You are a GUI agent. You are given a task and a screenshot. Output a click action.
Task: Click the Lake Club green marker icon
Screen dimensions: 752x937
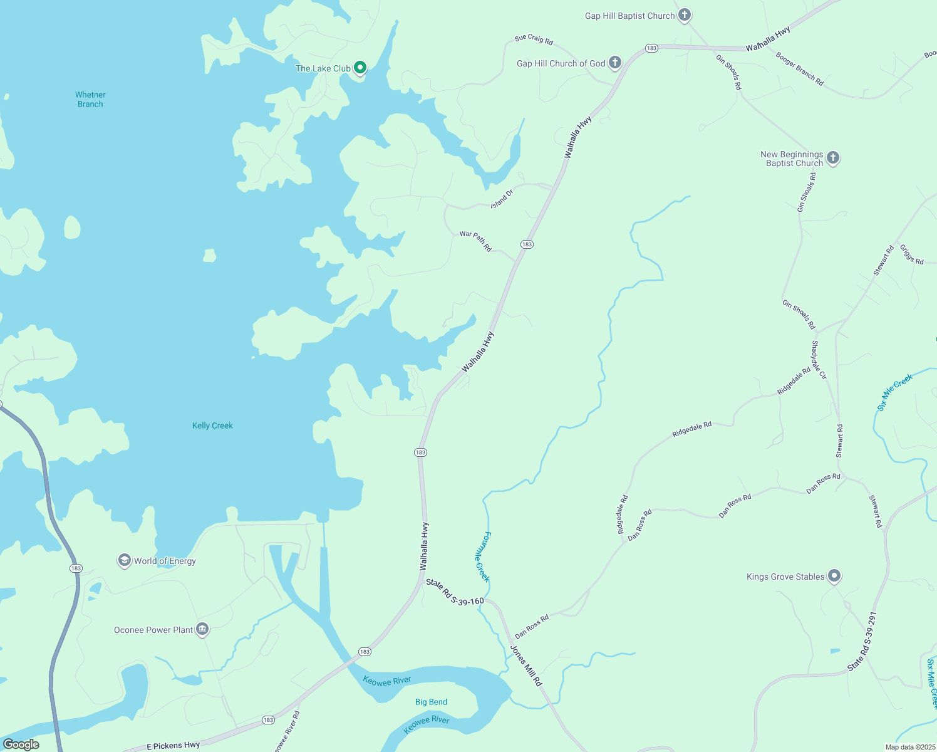[360, 67]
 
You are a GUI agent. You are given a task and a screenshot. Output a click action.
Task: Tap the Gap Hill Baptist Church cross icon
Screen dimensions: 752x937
[685, 14]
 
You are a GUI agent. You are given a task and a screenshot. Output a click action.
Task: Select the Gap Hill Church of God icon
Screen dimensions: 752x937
[615, 62]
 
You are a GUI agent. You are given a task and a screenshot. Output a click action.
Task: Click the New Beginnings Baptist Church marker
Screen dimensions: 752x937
[833, 157]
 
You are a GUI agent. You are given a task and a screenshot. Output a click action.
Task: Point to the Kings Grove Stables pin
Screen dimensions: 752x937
[834, 575]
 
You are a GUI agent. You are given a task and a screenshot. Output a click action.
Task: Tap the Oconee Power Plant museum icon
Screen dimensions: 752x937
[202, 629]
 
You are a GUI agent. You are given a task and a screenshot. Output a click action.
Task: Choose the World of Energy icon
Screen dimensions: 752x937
[125, 560]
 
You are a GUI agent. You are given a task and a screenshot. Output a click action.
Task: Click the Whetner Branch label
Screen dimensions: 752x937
[90, 100]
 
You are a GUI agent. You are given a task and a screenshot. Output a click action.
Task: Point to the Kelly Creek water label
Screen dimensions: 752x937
[212, 426]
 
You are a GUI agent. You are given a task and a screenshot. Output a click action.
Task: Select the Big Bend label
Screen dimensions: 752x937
[431, 702]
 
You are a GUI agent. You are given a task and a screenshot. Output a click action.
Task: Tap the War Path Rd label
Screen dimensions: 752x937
[475, 241]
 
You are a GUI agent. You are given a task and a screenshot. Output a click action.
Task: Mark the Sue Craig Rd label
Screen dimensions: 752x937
[534, 39]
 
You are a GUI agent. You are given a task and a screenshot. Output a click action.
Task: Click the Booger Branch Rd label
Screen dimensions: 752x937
[799, 69]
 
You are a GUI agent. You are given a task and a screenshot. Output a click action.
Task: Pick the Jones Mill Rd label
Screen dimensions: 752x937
[526, 666]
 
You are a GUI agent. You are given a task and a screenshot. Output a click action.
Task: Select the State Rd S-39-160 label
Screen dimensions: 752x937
[455, 592]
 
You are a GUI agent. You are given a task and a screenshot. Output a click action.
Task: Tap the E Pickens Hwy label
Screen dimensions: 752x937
[173, 745]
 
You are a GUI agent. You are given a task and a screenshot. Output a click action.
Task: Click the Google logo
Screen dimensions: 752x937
[21, 744]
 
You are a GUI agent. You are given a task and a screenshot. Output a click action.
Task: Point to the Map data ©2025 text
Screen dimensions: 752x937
[909, 747]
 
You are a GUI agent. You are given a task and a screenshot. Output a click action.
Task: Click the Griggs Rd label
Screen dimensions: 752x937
[912, 254]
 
